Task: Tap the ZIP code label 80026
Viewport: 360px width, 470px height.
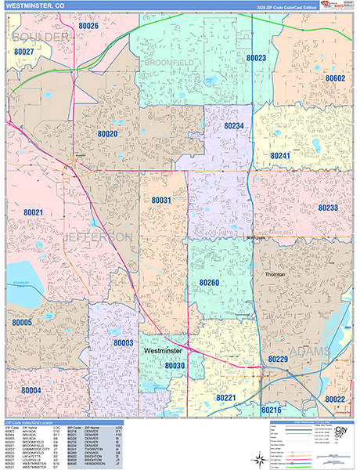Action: (x=88, y=27)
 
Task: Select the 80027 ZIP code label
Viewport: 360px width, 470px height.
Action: (x=23, y=52)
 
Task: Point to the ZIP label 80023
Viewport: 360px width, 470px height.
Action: (x=256, y=58)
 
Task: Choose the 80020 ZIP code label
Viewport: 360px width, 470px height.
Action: (x=107, y=134)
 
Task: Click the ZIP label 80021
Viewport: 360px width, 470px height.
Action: (x=33, y=212)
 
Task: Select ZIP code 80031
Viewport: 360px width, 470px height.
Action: (x=161, y=201)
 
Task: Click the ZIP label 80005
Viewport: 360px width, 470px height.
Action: (x=22, y=322)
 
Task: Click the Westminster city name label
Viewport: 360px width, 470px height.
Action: (x=164, y=352)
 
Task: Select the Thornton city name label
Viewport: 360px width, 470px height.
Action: (x=274, y=275)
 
